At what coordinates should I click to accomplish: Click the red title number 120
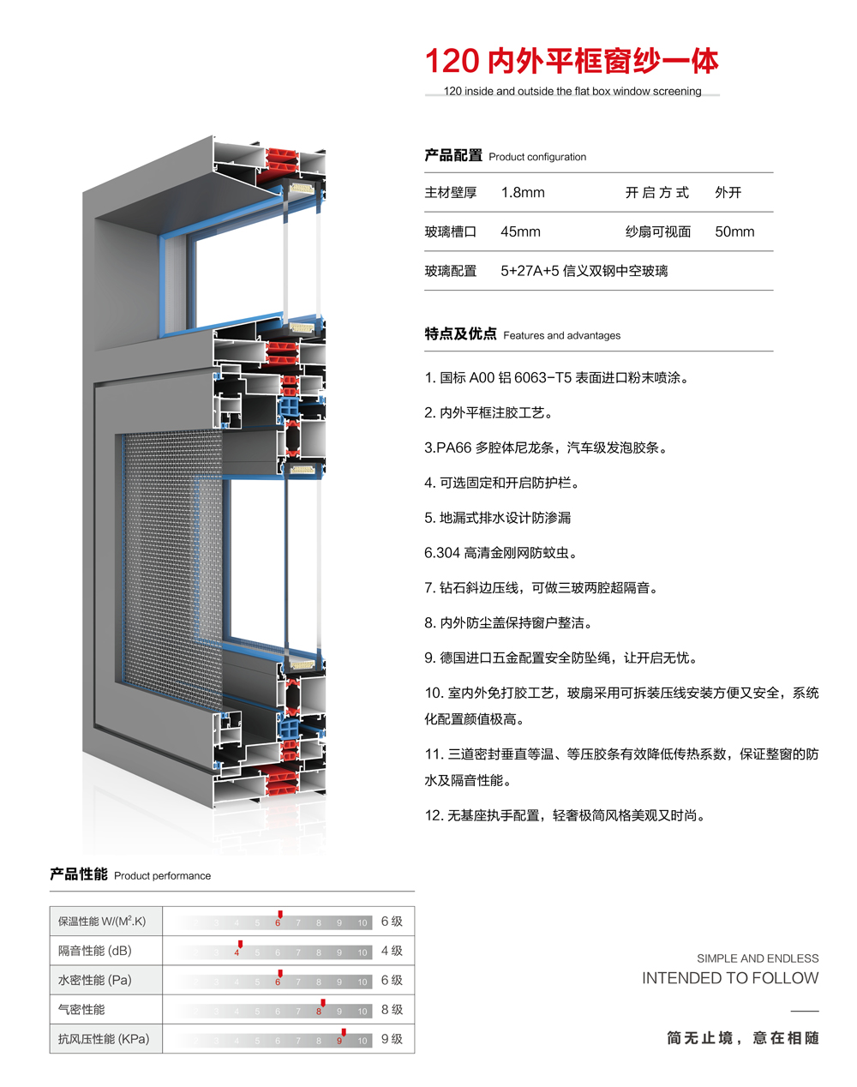pos(452,62)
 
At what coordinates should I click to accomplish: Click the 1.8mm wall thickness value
pos(523,193)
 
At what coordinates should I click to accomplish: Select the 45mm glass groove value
pos(520,232)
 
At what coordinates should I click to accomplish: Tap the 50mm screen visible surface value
pos(734,232)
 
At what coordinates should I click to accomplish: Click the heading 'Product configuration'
pos(537,157)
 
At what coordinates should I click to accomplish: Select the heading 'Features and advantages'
pos(561,335)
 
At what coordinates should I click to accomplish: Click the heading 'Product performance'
pos(162,875)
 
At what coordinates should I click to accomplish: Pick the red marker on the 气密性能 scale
pos(322,1003)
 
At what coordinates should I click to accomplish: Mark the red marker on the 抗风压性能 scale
pos(343,1033)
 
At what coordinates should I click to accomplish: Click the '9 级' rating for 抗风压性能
pos(392,1039)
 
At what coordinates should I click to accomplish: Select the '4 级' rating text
pos(392,951)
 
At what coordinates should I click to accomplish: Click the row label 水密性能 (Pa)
pos(94,980)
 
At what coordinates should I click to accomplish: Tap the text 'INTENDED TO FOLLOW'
pos(730,978)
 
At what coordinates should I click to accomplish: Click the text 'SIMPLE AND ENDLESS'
pos(758,958)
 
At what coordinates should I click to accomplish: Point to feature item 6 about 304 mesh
pos(500,553)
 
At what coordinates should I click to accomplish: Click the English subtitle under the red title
pos(572,91)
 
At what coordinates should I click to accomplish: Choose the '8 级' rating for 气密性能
pos(392,1010)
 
